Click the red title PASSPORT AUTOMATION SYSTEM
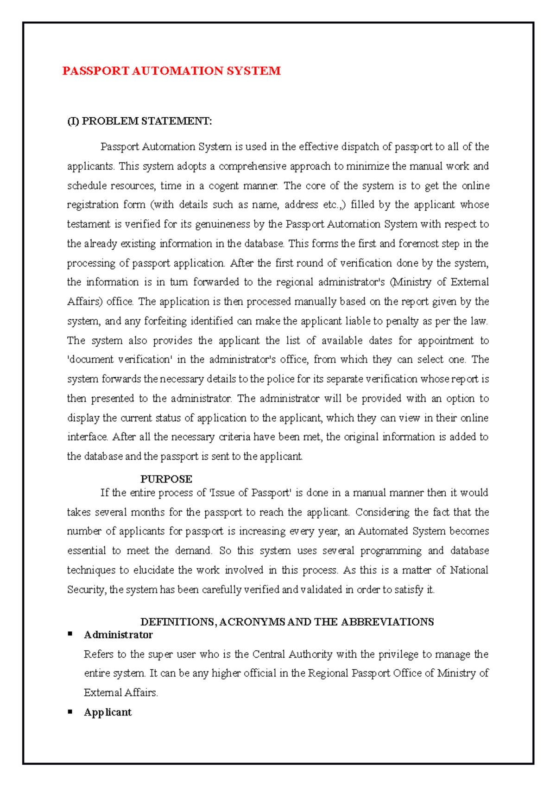pos(171,71)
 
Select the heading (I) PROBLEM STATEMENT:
pos(139,121)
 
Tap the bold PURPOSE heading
pos(166,479)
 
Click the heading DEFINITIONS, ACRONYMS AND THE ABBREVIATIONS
pos(287,622)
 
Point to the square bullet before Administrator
pos(70,634)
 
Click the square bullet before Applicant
pos(70,711)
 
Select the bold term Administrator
pos(118,635)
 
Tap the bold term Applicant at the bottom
pos(107,712)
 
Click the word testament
pos(88,224)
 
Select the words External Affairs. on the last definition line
pos(120,693)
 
